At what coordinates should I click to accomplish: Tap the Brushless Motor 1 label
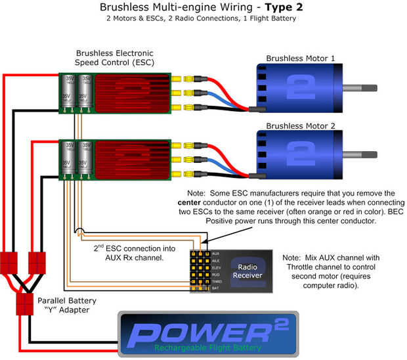[301, 58]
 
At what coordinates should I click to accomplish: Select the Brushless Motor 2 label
[301, 125]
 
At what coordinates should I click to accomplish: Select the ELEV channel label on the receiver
[216, 267]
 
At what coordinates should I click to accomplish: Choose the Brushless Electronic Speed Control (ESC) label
[114, 58]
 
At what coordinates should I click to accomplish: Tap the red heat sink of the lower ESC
[131, 158]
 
